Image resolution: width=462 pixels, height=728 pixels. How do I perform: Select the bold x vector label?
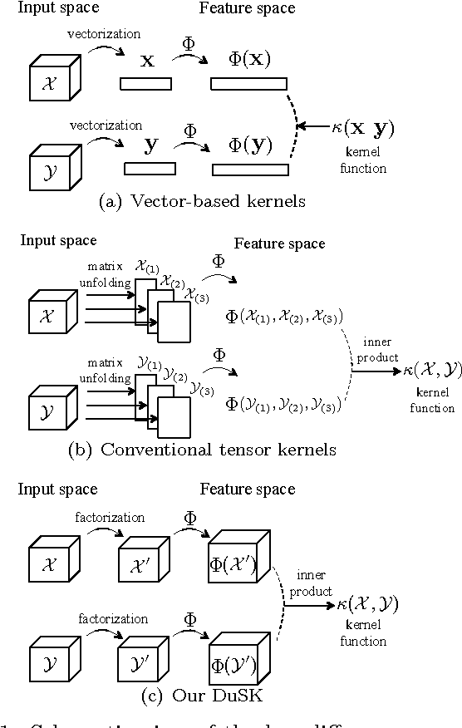(147, 61)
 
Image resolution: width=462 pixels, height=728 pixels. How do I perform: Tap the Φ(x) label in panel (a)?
(248, 61)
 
